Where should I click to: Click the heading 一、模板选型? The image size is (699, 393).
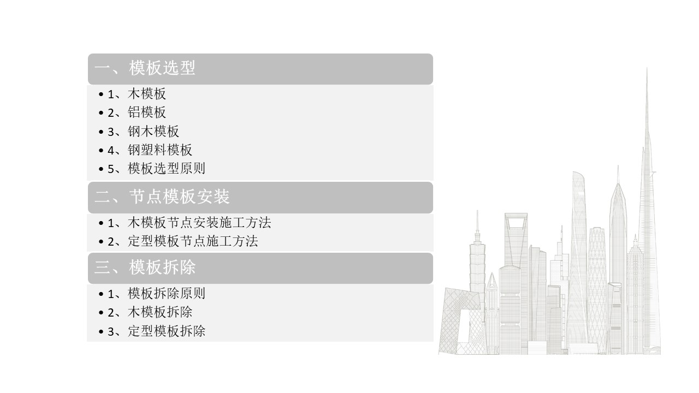point(145,68)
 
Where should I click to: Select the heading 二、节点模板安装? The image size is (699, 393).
point(162,197)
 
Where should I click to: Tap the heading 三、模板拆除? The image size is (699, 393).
point(145,267)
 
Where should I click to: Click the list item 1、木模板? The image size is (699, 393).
point(137,94)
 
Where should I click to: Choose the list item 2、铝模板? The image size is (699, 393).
point(137,112)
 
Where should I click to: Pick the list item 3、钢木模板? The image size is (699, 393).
point(143,132)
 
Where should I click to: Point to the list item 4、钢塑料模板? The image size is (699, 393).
point(150,150)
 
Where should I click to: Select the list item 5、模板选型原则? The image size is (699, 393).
point(156,169)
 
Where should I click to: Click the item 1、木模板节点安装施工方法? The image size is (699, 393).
point(189,223)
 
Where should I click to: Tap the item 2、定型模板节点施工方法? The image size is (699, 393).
point(183,241)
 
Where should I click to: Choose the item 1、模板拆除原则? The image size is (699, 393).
point(156,294)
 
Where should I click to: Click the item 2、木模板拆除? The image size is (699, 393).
point(150,312)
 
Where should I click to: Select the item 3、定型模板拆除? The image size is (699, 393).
point(156,331)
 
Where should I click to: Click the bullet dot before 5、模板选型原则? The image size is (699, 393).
point(101,169)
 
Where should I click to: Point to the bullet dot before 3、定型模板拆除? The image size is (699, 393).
point(101,331)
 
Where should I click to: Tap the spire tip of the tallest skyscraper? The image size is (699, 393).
point(647,68)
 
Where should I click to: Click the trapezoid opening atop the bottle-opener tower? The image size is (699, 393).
point(516,223)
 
